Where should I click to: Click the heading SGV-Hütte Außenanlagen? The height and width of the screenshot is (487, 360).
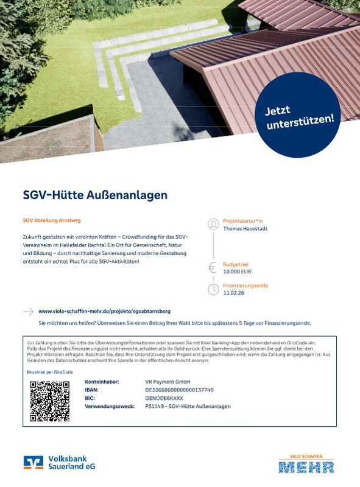tap(94, 195)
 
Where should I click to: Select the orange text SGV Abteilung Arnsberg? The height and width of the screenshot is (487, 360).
tap(52, 220)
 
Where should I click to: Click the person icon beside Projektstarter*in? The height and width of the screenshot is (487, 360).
tap(213, 224)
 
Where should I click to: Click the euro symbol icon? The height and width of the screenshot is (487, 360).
tap(213, 267)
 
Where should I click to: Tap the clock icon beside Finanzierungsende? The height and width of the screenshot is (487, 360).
tap(213, 289)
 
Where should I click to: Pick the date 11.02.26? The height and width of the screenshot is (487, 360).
tap(233, 293)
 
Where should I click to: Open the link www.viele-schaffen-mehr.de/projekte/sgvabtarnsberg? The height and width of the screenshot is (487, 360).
tap(104, 311)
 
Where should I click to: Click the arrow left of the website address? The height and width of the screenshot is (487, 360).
tap(28, 311)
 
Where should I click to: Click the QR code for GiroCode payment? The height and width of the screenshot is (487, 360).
tap(49, 401)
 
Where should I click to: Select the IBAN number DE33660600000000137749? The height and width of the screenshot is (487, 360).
tap(175, 390)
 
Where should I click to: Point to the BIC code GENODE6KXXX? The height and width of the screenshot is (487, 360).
tap(160, 398)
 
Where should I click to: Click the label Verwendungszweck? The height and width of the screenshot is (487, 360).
tap(108, 406)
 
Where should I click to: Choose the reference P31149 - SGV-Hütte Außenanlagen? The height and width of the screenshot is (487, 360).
tap(184, 406)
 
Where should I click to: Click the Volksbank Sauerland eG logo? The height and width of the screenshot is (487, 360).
tap(60, 463)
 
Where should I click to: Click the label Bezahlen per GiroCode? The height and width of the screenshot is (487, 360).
tap(46, 371)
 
